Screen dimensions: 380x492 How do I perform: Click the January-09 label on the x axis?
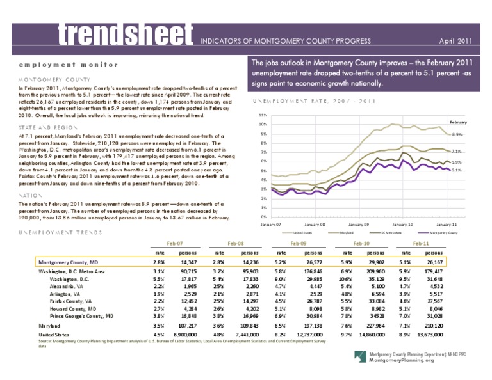tap(357, 225)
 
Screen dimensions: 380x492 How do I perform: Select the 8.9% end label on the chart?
tap(457, 134)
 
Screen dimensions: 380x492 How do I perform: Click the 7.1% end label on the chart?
tap(457, 152)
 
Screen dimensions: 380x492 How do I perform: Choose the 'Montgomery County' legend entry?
tap(442, 233)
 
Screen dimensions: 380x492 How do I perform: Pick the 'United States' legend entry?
tap(302, 233)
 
